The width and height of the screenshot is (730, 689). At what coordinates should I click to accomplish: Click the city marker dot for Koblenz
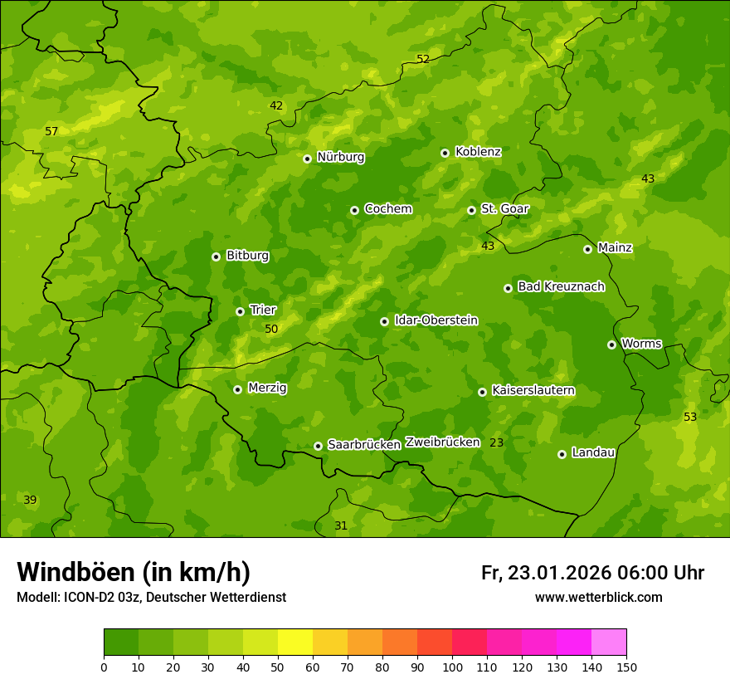click(x=445, y=153)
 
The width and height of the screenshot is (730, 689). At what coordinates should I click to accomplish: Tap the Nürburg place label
click(x=340, y=157)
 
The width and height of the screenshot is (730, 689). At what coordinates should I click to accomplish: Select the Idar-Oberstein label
click(x=436, y=320)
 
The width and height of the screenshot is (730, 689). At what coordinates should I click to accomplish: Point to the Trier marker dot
click(x=240, y=311)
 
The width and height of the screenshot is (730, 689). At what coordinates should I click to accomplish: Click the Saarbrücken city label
click(x=364, y=445)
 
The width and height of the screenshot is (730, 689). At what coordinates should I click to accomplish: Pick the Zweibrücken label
click(x=442, y=442)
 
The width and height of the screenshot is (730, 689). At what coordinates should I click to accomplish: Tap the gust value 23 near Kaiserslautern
click(x=496, y=442)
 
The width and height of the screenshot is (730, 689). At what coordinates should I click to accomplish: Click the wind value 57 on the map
click(x=51, y=131)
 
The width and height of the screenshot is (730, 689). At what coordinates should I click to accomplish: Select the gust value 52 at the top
click(x=423, y=59)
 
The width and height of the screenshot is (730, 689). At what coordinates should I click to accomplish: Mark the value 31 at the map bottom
click(x=341, y=525)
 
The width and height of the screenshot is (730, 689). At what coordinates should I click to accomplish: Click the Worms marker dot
click(x=611, y=344)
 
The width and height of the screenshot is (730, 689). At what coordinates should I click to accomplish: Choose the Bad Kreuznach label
click(x=561, y=286)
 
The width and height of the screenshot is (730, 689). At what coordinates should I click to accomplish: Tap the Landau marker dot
click(x=562, y=454)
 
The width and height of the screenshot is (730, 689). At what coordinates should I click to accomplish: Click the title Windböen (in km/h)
click(x=133, y=572)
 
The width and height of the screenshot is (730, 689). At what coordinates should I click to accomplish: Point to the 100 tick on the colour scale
click(x=452, y=667)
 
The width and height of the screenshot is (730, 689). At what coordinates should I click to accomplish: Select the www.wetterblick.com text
click(x=598, y=598)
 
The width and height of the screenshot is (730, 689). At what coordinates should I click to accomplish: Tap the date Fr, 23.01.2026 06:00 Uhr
click(x=592, y=573)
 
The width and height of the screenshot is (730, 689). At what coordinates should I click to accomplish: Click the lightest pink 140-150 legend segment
click(x=609, y=642)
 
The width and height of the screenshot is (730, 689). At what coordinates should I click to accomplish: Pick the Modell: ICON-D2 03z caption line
click(x=151, y=598)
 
